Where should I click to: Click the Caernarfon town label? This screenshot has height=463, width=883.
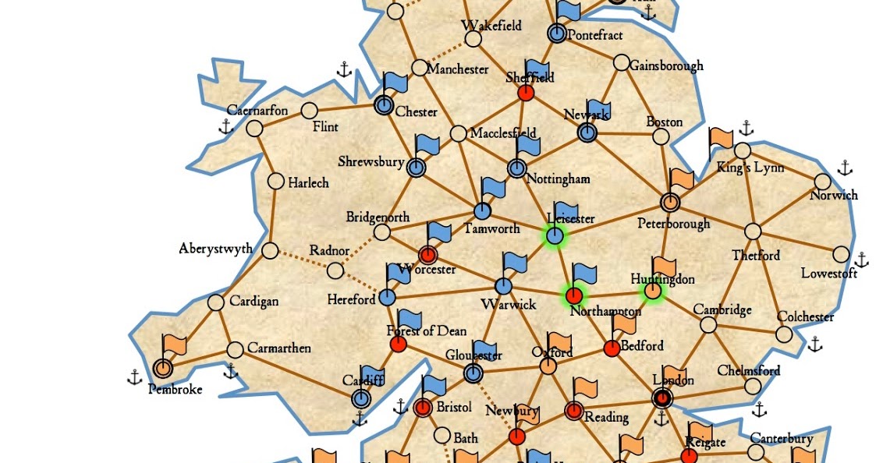[x=257, y=111]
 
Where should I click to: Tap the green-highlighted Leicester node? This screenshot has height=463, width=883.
[x=555, y=235]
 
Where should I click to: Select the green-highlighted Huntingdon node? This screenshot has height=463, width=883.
[x=652, y=292]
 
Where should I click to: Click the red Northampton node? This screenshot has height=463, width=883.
[x=574, y=295]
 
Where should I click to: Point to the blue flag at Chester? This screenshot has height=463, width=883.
[x=394, y=85]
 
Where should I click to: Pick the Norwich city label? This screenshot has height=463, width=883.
[x=833, y=196]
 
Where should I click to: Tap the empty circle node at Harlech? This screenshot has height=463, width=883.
[x=275, y=182]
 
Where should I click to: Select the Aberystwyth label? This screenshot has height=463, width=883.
[x=215, y=249]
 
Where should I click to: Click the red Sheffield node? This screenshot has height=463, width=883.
[x=526, y=93]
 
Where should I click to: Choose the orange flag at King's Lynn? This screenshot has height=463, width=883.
[x=722, y=140]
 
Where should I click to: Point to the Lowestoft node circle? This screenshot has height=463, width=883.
[x=841, y=254]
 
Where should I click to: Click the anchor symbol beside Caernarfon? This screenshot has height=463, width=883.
[x=226, y=126]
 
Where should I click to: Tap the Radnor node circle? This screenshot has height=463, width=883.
[x=335, y=270]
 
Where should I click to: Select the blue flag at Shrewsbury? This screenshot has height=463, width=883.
[x=427, y=145]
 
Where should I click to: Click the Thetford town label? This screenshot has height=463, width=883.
[x=756, y=255]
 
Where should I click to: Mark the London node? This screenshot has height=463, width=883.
[x=661, y=398]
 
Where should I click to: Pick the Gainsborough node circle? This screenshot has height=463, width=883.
[x=622, y=62]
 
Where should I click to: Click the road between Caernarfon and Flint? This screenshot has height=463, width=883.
[x=282, y=119]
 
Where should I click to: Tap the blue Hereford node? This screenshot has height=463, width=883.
[x=387, y=297]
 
